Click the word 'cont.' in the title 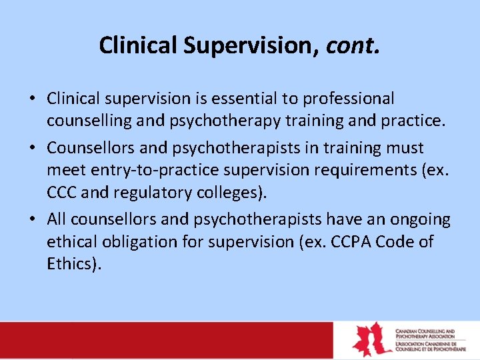353,45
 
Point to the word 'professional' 349,99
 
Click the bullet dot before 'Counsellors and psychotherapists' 33,148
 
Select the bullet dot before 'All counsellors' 33,219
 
